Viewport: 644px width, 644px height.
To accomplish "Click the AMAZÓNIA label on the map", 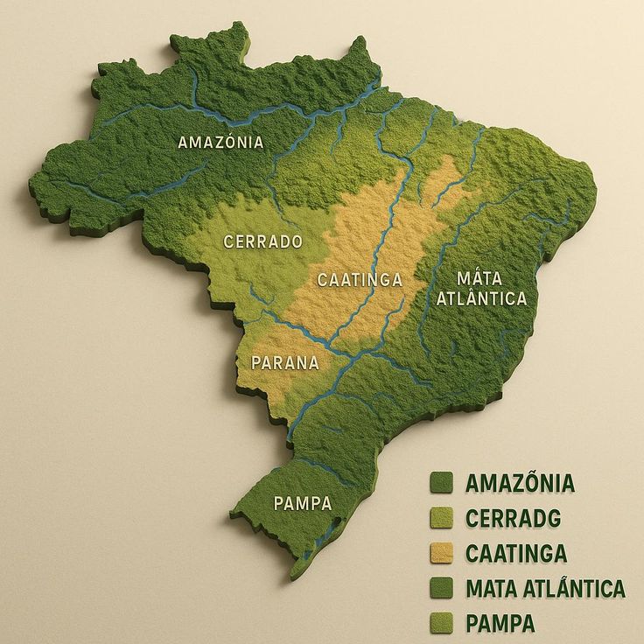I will coord(220,142).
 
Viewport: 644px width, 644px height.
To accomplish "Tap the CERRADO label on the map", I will coord(262,241).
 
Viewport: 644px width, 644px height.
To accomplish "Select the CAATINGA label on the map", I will coord(360,280).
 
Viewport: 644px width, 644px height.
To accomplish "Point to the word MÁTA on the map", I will coord(480,279).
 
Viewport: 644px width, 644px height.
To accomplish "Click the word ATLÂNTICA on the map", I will coord(482,298).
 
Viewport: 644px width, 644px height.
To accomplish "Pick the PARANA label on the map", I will coord(285,362).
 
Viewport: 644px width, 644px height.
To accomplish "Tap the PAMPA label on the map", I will coord(303,503).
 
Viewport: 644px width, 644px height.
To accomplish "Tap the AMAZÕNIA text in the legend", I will coord(520,483).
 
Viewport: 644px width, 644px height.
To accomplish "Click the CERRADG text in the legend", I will coord(513,518).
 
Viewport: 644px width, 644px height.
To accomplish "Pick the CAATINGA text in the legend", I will coord(516,553).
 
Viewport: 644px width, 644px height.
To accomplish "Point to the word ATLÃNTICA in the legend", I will coord(574,588).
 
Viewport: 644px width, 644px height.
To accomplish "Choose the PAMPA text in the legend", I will coord(500,623).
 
